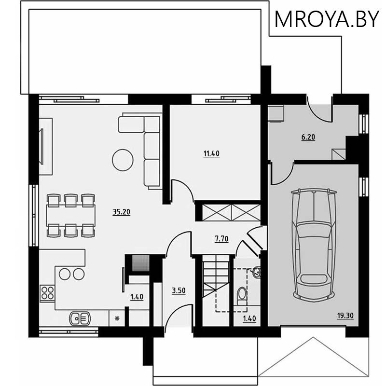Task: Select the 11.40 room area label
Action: [211, 154]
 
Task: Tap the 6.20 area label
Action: [308, 138]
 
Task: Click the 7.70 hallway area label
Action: [221, 238]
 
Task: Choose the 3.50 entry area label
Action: [179, 290]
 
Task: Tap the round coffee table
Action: [123, 160]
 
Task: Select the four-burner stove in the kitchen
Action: [47, 293]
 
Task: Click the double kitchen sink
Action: [80, 318]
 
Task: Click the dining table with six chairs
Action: [71, 215]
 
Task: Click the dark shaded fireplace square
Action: [141, 263]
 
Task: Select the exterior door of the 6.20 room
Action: [319, 109]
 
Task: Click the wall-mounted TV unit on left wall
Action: [45, 146]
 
